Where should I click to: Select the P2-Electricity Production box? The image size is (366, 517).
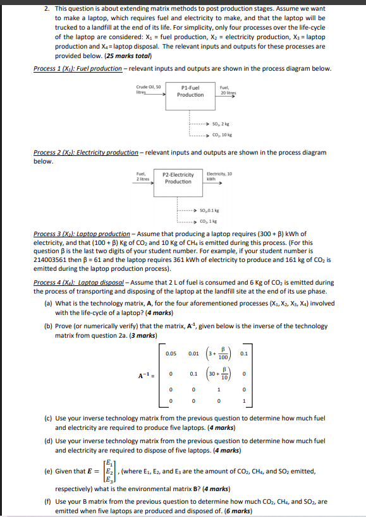(x=178, y=178)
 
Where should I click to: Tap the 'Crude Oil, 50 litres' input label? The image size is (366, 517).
(x=145, y=89)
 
